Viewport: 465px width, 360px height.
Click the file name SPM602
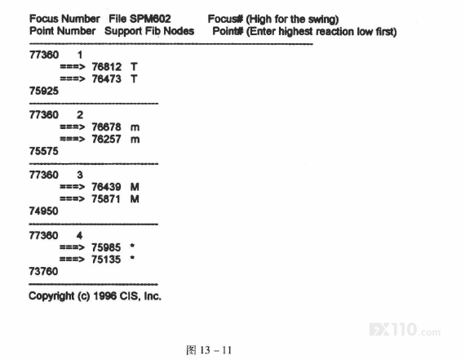pyautogui.click(x=150, y=19)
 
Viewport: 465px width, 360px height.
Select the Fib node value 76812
pyautogui.click(x=107, y=67)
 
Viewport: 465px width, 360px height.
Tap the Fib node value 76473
pyautogui.click(x=107, y=79)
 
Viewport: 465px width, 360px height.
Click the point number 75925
pyautogui.click(x=44, y=91)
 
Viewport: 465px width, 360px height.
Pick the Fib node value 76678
pyautogui.click(x=107, y=127)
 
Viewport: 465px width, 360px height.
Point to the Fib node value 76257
pyautogui.click(x=107, y=139)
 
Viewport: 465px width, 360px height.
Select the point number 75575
pyautogui.click(x=43, y=151)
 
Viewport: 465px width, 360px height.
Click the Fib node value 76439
pyautogui.click(x=106, y=187)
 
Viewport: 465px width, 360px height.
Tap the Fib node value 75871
pyautogui.click(x=106, y=199)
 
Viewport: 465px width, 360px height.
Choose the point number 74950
pyautogui.click(x=43, y=211)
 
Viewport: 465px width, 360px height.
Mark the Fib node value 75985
pyautogui.click(x=106, y=247)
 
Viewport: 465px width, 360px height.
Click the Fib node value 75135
pyautogui.click(x=106, y=260)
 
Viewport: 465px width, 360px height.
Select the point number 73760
pyautogui.click(x=43, y=271)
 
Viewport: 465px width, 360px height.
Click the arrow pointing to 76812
pyautogui.click(x=73, y=67)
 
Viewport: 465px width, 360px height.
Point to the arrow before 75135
pyautogui.click(x=72, y=260)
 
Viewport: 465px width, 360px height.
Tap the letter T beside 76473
pyautogui.click(x=134, y=79)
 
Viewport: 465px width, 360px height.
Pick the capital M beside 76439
pyautogui.click(x=135, y=187)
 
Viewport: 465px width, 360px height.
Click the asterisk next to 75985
pyautogui.click(x=132, y=246)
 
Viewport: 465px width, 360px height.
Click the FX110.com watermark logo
pyautogui.click(x=405, y=330)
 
